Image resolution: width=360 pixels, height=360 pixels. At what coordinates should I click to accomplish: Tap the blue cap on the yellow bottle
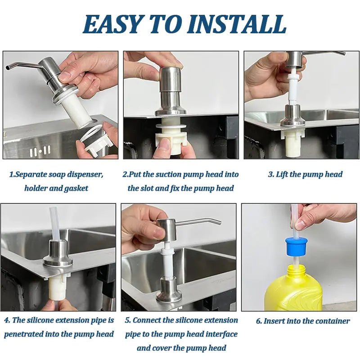pyautogui.click(x=296, y=246)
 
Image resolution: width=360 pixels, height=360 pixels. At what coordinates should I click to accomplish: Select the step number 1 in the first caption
pyautogui.click(x=12, y=174)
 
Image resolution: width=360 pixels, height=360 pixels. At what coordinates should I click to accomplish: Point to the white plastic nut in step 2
pyautogui.click(x=171, y=135)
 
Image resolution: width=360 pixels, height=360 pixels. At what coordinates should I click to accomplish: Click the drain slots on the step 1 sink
pyautogui.click(x=40, y=151)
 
